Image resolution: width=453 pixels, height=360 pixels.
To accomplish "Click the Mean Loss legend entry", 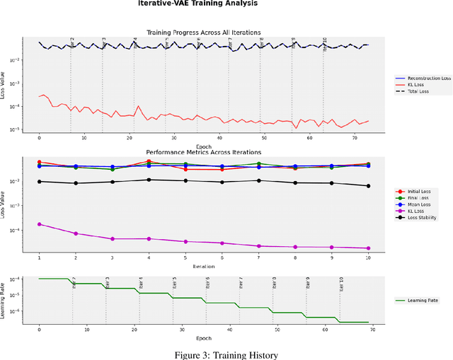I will coord(418,204).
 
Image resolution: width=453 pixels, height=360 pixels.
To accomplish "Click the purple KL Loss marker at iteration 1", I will coord(39,224).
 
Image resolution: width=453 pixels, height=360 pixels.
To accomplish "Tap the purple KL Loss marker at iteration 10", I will coord(368,248).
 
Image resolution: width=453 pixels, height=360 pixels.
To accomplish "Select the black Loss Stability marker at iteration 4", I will coord(149,180).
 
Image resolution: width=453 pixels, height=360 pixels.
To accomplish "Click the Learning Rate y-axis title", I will coord(5,298).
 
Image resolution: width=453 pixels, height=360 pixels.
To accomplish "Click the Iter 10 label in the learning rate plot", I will coord(342,284).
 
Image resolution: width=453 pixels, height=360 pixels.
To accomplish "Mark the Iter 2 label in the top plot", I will coord(72,44).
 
